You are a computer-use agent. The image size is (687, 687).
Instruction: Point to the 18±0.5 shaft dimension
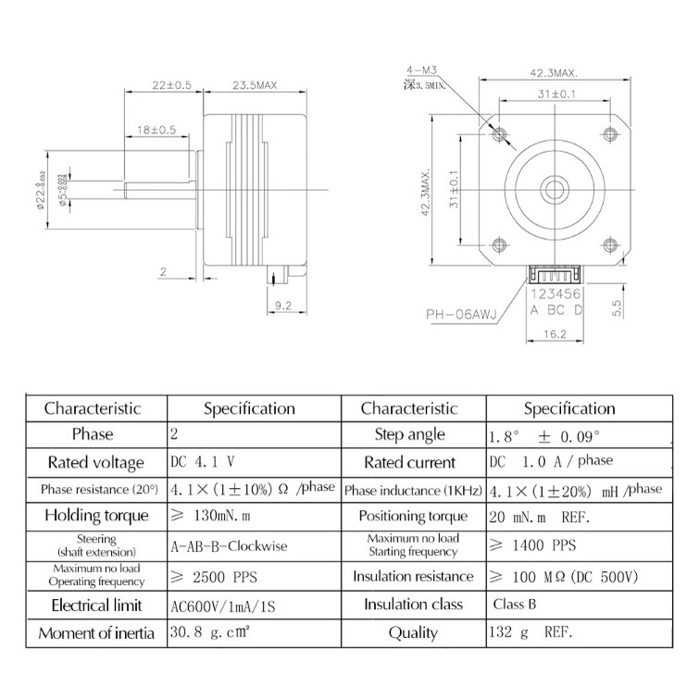156,131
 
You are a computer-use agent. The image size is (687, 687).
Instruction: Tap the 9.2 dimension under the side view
283,303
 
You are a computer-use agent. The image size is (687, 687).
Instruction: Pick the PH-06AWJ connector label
462,314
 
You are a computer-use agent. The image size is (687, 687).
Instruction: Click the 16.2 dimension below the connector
555,334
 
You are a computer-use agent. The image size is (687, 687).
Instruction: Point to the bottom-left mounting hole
500,244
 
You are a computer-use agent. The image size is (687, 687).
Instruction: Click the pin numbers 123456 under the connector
556,294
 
